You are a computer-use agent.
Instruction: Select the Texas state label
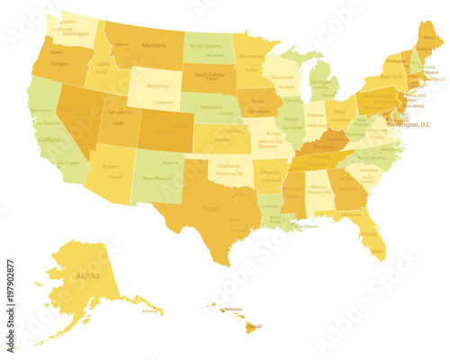(x=211, y=209)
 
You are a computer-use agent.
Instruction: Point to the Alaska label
(x=87, y=275)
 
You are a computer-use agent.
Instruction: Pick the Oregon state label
(x=60, y=64)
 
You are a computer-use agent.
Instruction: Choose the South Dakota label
(x=210, y=75)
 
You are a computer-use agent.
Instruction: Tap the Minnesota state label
(x=251, y=56)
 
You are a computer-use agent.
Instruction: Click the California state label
(x=51, y=140)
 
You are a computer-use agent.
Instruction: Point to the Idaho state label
(x=103, y=65)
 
